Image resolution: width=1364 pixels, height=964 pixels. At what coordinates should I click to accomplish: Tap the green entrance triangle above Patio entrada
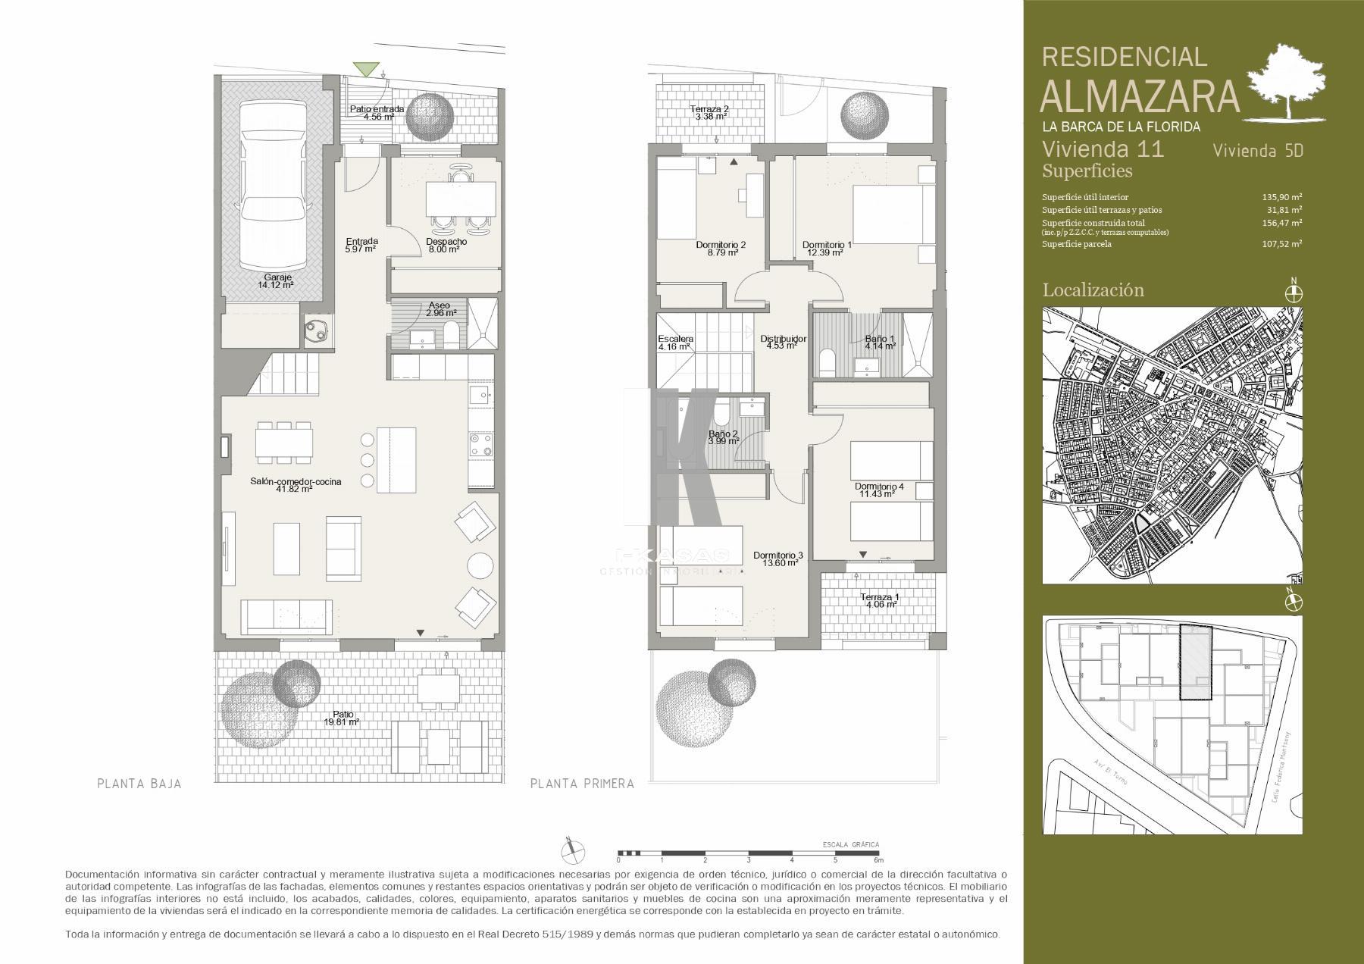[368, 69]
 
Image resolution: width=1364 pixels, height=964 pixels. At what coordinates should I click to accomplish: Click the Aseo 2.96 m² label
[440, 309]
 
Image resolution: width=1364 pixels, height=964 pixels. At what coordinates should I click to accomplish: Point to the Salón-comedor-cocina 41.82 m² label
[296, 485]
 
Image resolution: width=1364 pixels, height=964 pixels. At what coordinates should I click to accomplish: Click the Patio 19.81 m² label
[341, 718]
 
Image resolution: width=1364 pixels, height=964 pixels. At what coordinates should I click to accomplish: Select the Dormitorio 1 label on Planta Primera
[827, 249]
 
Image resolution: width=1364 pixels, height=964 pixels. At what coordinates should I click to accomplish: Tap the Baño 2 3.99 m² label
[723, 437]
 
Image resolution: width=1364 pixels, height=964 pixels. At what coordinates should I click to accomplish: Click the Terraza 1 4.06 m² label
[878, 601]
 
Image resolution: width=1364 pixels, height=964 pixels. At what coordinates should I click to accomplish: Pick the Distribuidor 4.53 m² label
[783, 342]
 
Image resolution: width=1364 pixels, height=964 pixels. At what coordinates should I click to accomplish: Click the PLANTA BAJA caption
[139, 784]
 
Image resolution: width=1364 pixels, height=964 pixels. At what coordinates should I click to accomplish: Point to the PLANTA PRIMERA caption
[582, 784]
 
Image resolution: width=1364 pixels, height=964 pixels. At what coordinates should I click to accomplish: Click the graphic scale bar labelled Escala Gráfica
[748, 853]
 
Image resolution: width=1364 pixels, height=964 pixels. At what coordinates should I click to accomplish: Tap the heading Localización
[1093, 290]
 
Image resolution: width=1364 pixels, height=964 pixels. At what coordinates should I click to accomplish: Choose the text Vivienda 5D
[1258, 150]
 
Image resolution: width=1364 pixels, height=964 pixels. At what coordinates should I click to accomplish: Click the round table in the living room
[481, 566]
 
